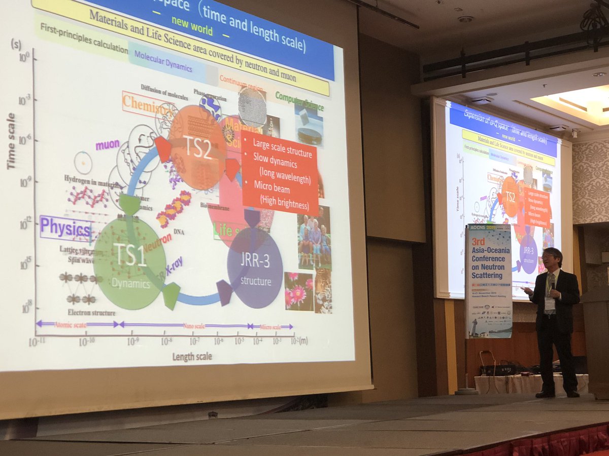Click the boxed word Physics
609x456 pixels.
[65, 229]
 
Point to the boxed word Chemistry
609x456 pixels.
[147, 104]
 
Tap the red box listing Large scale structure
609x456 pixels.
[280, 172]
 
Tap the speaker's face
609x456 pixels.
[551, 259]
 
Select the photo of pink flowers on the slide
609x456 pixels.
[298, 290]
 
